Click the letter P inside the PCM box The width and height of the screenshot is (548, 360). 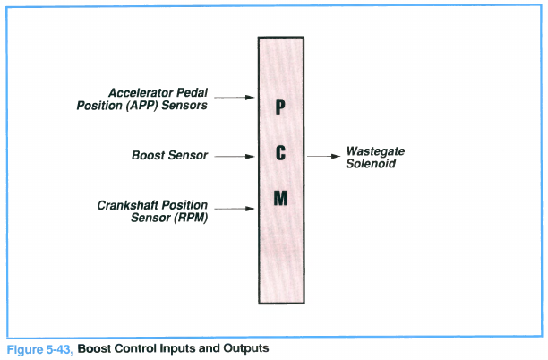click(x=280, y=108)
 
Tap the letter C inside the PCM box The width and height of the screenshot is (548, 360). click(x=280, y=154)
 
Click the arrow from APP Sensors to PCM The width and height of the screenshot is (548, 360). click(x=236, y=97)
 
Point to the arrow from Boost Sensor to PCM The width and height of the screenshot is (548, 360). click(x=235, y=156)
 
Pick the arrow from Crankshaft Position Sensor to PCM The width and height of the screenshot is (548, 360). click(x=235, y=210)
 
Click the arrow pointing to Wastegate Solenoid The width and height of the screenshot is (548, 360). click(x=321, y=156)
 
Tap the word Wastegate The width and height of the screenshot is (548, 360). click(x=376, y=151)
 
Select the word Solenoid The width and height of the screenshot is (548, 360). click(x=371, y=164)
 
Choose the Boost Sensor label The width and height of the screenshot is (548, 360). click(x=169, y=156)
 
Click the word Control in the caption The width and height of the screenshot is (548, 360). click(x=133, y=347)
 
